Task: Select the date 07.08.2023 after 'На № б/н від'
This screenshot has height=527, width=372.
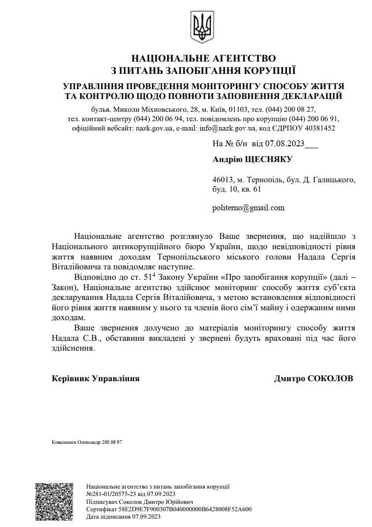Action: (286, 144)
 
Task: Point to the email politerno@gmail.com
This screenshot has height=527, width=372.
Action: (249, 207)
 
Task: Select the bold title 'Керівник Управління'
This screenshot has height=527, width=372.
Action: (95, 378)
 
